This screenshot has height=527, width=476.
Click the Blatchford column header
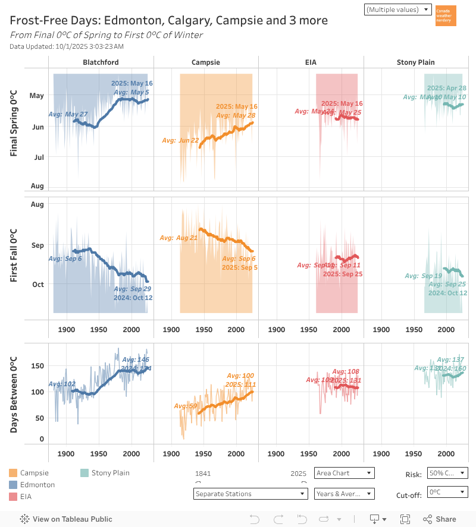point(101,62)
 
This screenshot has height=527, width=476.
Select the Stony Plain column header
point(415,62)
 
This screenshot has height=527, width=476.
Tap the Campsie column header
point(206,62)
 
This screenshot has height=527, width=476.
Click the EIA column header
point(311,62)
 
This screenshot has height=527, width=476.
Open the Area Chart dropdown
point(345,473)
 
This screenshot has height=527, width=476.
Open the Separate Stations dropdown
point(250,494)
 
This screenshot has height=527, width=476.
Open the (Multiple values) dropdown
point(399,10)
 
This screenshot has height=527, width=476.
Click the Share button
point(441,519)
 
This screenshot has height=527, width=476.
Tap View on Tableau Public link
point(66,519)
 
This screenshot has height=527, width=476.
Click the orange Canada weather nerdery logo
point(446,15)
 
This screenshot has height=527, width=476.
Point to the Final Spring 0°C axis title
point(14,123)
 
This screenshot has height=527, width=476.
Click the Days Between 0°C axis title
point(14,394)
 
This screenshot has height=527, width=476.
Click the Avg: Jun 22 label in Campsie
point(180,140)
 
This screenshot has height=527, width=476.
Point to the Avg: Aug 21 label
point(178,238)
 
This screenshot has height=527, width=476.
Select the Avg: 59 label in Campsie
point(185,406)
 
